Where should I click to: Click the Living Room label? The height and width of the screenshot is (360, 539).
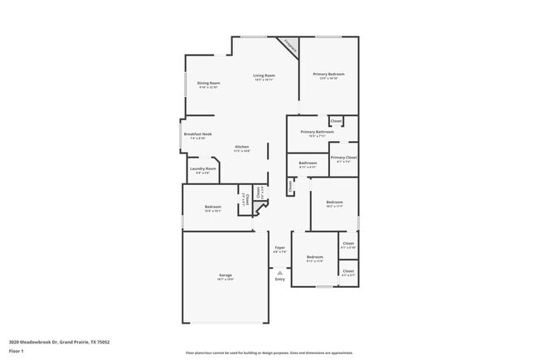[264, 75]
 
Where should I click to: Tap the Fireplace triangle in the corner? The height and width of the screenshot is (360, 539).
[290, 46]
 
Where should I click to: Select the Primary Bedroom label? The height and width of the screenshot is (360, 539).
[328, 75]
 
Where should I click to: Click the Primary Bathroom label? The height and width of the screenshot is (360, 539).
[317, 131]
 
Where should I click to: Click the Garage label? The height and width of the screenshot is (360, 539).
[225, 275]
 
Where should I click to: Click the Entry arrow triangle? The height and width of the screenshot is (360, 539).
[279, 271]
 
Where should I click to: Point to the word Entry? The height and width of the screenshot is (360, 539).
[279, 279]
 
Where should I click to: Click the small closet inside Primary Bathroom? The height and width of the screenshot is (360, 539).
[337, 122]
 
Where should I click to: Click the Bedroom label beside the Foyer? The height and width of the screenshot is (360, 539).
[314, 258]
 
